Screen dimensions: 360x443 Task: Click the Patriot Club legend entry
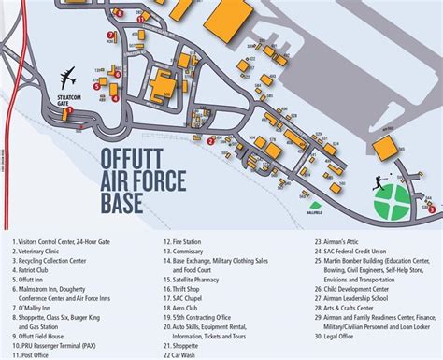pyautogui.click(x=35, y=271)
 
